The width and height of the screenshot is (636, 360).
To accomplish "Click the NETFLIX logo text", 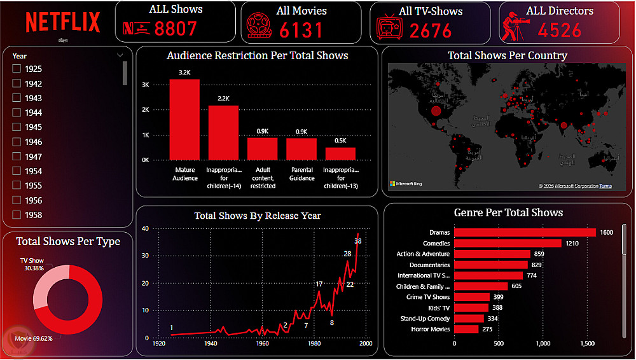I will tap(63, 22).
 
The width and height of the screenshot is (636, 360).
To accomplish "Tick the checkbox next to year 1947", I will tap(17, 156).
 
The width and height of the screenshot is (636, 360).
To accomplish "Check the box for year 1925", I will tap(17, 69).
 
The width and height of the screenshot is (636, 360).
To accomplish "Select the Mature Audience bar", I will tap(184, 120).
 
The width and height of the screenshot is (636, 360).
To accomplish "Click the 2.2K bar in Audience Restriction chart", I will tap(223, 132).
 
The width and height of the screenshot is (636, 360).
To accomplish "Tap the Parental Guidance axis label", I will tap(301, 174).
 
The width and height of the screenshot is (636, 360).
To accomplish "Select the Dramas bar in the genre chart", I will tap(525, 232).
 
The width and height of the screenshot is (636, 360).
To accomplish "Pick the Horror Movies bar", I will tap(466, 329).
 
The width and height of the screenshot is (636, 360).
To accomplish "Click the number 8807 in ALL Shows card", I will tap(176, 29).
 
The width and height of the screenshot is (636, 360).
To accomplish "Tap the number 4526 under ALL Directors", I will tap(560, 30).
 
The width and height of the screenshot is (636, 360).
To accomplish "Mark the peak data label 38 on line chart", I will tap(358, 241).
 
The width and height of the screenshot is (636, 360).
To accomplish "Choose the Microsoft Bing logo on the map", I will tap(406, 184).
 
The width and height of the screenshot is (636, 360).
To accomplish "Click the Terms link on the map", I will tap(605, 186).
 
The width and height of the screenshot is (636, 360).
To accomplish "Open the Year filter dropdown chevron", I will tap(120, 55).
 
